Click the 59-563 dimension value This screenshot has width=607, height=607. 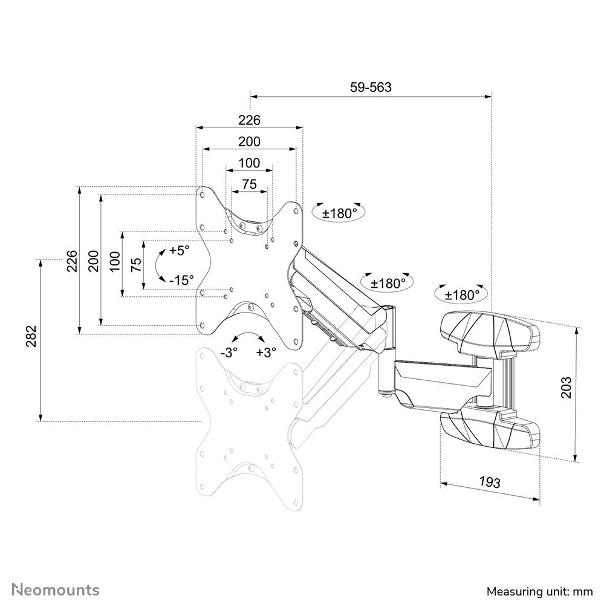(x=371, y=87)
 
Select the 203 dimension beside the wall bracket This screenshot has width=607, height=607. (x=566, y=388)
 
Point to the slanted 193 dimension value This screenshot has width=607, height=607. (x=489, y=482)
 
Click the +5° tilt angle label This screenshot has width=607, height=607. (x=179, y=250)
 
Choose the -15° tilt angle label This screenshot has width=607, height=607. (x=181, y=280)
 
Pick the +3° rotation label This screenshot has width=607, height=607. (x=265, y=352)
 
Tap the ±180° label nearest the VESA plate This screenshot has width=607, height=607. (x=340, y=213)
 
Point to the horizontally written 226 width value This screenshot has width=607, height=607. (x=249, y=120)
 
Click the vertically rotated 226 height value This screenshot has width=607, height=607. (x=71, y=261)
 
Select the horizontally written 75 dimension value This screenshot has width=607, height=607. (x=249, y=184)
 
